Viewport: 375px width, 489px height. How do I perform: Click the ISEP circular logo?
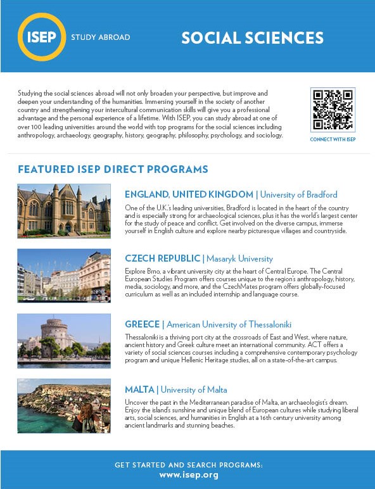(x=42, y=37)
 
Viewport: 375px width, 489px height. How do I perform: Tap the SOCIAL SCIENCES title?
(x=252, y=37)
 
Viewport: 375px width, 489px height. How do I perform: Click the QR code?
(x=333, y=110)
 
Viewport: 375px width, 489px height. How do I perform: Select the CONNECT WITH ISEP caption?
(x=333, y=139)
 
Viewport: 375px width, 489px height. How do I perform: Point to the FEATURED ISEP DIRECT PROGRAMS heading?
(x=113, y=170)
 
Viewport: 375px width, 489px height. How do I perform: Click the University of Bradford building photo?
(x=64, y=211)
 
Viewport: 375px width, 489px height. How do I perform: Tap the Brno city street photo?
(x=64, y=276)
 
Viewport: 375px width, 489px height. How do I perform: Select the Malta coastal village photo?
(x=64, y=405)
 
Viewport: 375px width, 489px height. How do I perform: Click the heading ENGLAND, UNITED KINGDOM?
(x=189, y=194)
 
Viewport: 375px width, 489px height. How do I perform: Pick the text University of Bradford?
(x=298, y=194)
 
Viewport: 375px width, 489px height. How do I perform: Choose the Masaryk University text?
(x=238, y=258)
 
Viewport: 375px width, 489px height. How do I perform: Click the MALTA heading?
(x=139, y=390)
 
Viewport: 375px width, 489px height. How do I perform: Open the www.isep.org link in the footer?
(x=188, y=474)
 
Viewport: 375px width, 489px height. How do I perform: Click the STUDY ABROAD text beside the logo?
(x=101, y=37)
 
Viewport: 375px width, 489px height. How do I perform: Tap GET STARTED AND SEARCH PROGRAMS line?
(x=188, y=464)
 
